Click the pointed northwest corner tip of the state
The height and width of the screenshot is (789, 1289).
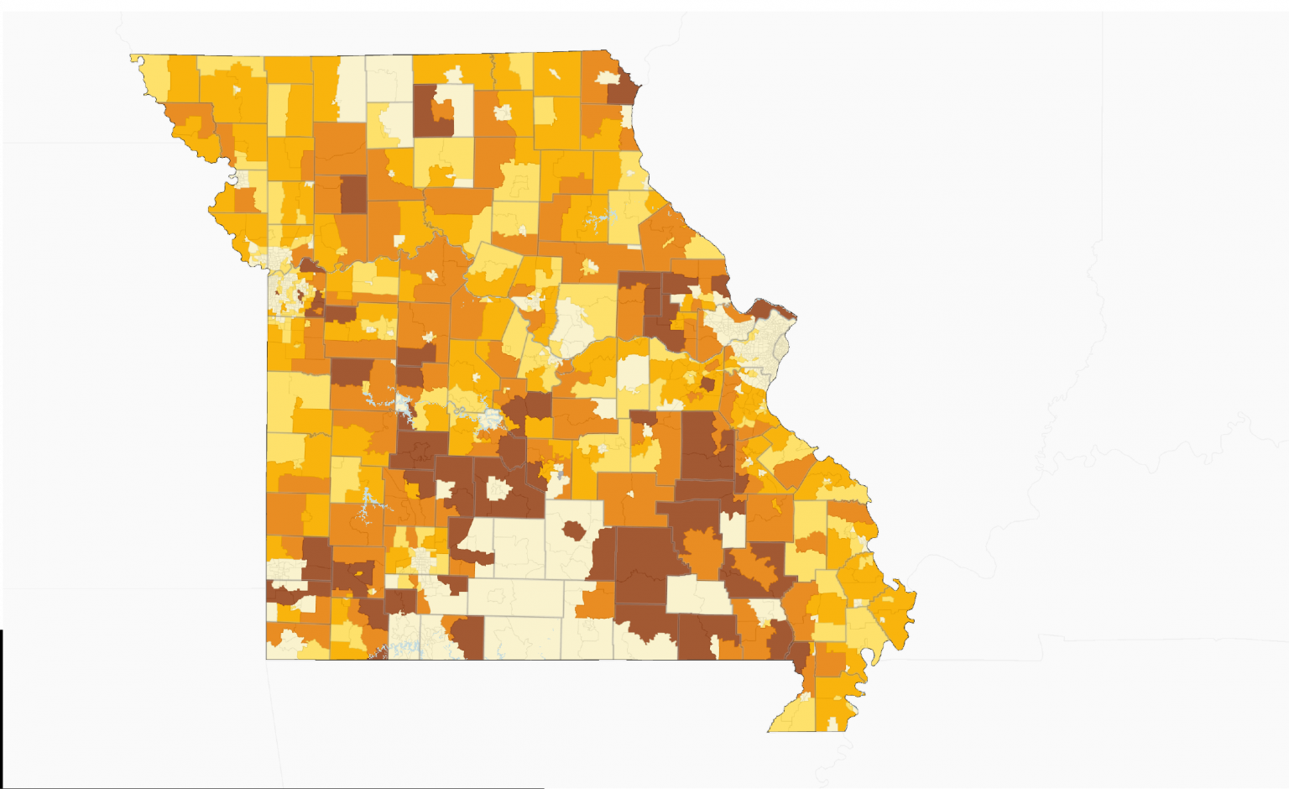pyautogui.click(x=133, y=57)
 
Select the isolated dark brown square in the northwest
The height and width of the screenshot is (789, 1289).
pyautogui.click(x=353, y=193)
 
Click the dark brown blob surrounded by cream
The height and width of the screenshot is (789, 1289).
pyautogui.click(x=575, y=530)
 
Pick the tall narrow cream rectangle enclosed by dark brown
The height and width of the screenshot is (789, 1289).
pyautogui.click(x=733, y=530)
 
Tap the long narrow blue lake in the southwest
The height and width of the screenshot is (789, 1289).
pyautogui.click(x=366, y=505)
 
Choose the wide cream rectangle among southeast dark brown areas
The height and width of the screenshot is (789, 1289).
pyautogui.click(x=698, y=596)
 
